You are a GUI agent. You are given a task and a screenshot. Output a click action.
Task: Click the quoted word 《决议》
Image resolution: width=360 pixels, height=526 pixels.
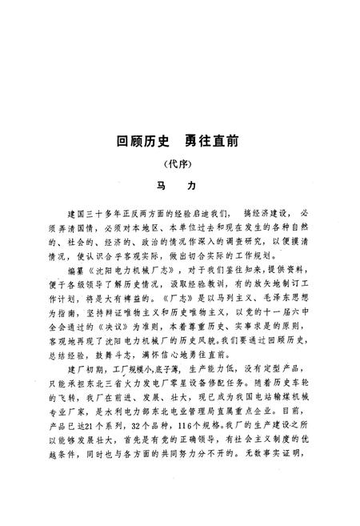click(x=154, y=327)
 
